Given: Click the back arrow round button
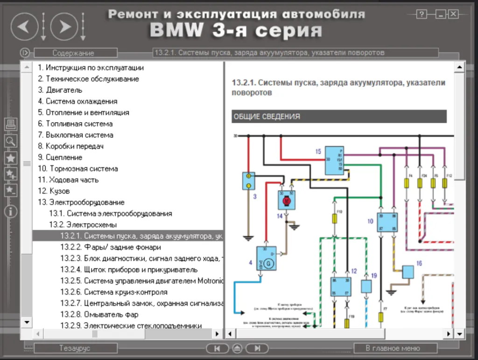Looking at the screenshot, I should (24, 26).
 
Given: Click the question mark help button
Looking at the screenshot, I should (422, 14).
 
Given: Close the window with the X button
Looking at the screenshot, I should (453, 14).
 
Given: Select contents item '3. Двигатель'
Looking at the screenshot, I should (60, 90).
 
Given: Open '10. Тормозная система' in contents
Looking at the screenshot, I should (78, 169).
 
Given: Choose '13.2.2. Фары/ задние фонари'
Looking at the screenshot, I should (111, 247).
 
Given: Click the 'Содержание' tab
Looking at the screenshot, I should (73, 53).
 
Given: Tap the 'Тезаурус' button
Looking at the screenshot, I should (75, 348).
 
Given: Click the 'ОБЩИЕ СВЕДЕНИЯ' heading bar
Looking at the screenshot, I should (339, 116).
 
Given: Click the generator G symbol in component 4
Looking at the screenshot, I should (268, 264).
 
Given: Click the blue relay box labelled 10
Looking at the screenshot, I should (387, 222).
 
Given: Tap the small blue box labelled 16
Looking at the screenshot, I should (408, 272).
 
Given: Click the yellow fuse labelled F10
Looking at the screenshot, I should (334, 219).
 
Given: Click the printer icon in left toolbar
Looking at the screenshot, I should (11, 124).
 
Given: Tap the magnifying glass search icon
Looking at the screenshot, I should (11, 141).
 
